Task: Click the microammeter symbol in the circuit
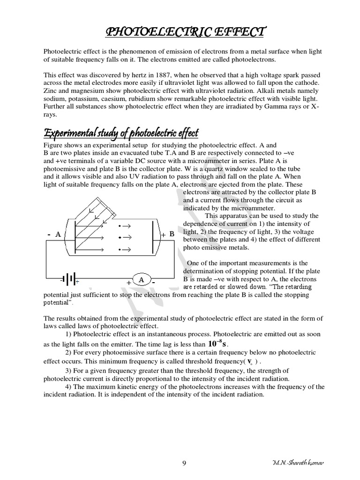click(x=141, y=280)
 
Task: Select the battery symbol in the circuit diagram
click(x=69, y=280)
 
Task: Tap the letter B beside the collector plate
click(x=172, y=234)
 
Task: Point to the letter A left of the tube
click(x=58, y=234)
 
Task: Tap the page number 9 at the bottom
click(x=184, y=463)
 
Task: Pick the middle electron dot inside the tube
click(x=120, y=237)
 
